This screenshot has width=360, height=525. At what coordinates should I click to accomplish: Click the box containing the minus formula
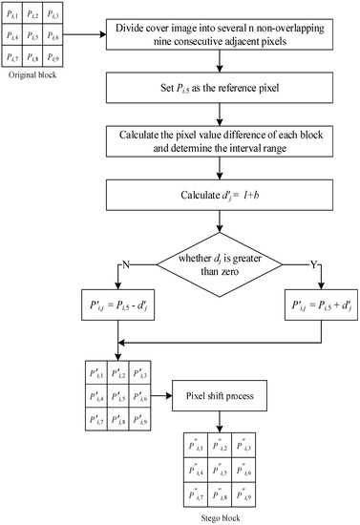pos(118,306)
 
